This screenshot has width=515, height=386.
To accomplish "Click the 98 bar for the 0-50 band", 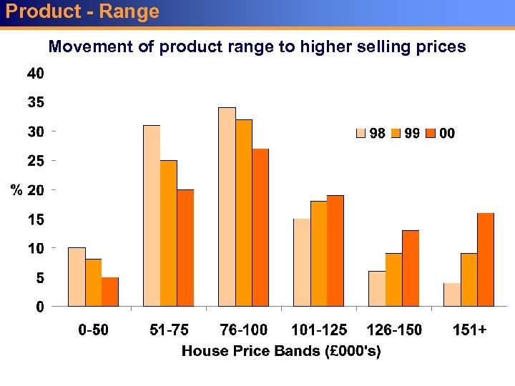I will pyautogui.click(x=77, y=277).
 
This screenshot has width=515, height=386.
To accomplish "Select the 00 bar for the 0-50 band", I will pyautogui.click(x=110, y=292).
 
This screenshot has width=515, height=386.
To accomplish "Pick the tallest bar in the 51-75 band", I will pyautogui.click(x=152, y=216).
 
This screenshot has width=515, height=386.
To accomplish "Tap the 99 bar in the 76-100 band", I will pyautogui.click(x=243, y=213).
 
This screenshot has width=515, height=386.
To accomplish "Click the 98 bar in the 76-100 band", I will pyautogui.click(x=227, y=207).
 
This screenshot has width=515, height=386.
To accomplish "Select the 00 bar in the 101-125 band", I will pyautogui.click(x=335, y=251).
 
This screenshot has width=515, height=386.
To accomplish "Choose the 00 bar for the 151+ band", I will pyautogui.click(x=486, y=259).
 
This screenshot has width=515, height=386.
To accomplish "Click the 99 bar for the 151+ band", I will pyautogui.click(x=469, y=280).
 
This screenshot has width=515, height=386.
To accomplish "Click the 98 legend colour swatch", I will pyautogui.click(x=362, y=134).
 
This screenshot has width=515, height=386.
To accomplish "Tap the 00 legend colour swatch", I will pyautogui.click(x=431, y=134).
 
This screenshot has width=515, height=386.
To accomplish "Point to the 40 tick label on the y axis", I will pyautogui.click(x=36, y=73).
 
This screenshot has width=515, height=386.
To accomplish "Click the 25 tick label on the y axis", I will pyautogui.click(x=36, y=161).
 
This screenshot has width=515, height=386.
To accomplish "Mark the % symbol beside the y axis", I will pyautogui.click(x=16, y=190).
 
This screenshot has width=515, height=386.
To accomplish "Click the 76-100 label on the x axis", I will pyautogui.click(x=244, y=330).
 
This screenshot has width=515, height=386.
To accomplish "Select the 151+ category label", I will pyautogui.click(x=470, y=330).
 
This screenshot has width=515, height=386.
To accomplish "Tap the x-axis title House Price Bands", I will pyautogui.click(x=281, y=351).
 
